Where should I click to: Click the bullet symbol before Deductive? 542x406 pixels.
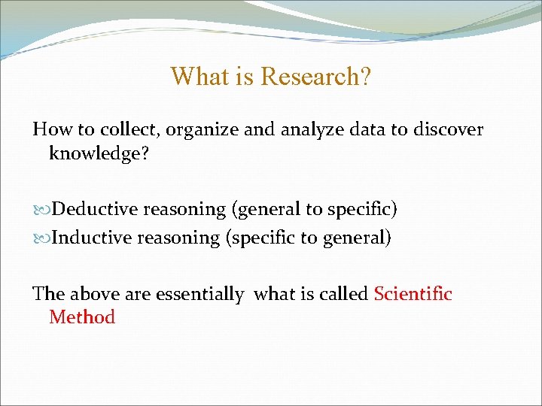[x=41, y=209]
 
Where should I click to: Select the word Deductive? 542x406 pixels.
[x=96, y=208]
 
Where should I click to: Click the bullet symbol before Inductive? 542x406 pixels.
[x=41, y=238]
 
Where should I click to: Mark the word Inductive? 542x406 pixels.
[x=91, y=238]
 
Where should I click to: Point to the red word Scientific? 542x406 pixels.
[x=413, y=293]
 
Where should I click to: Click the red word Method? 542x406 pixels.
[x=82, y=317]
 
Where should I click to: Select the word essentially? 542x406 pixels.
[x=199, y=294]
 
